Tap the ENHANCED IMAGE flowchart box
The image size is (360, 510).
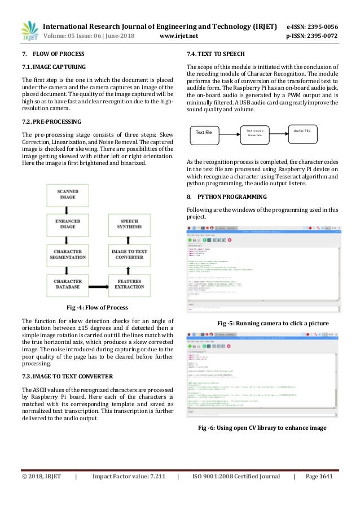click(68, 224)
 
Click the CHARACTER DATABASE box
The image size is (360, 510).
click(68, 284)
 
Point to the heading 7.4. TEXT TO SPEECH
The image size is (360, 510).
click(216, 54)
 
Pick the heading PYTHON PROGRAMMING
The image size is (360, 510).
click(226, 197)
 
